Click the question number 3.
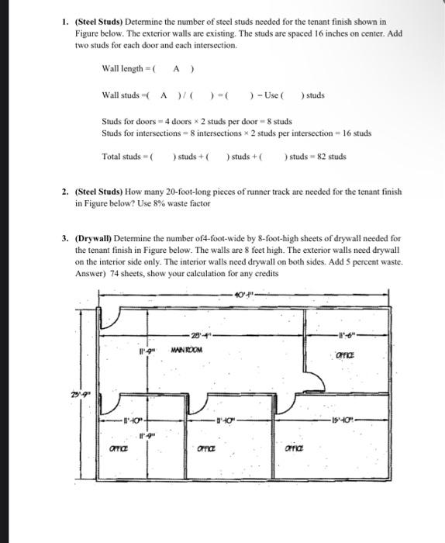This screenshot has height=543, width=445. point(66,239)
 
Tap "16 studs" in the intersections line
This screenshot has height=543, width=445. point(357,133)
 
